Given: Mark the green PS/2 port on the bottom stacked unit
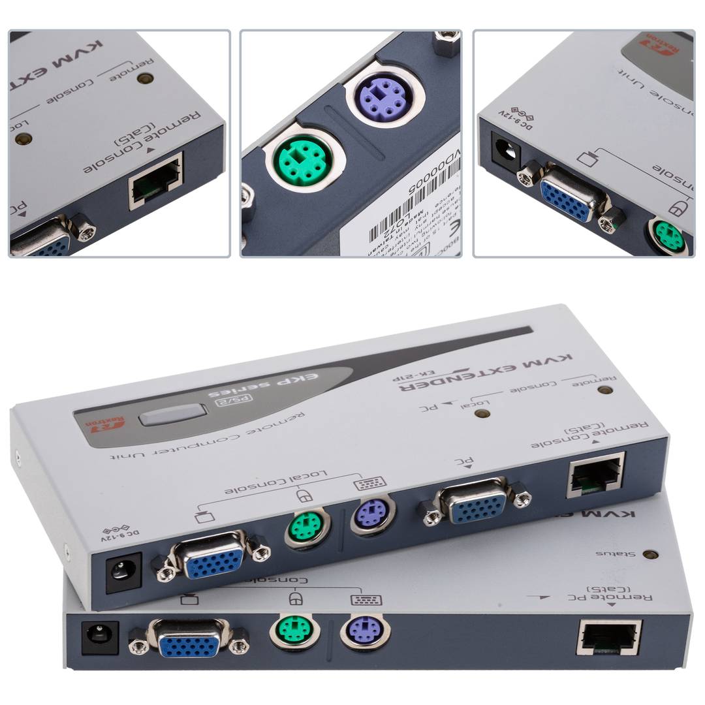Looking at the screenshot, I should [290, 630].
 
